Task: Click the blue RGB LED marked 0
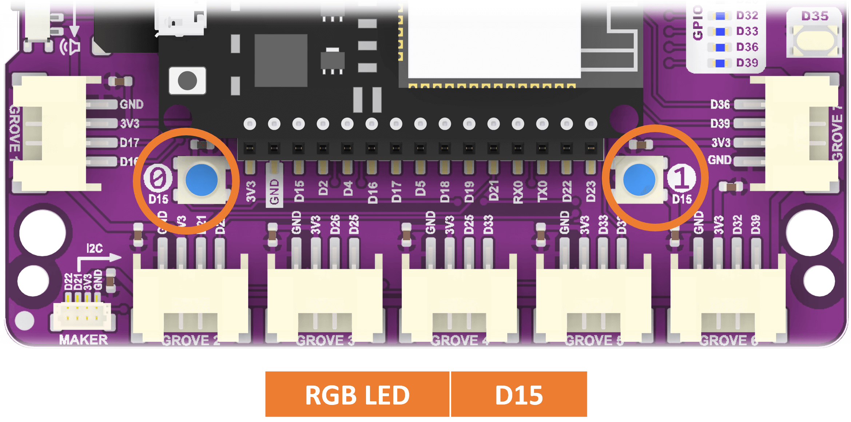click(201, 180)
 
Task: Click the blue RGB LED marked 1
click(639, 180)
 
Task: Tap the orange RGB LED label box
click(357, 394)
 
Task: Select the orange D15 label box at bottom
click(519, 394)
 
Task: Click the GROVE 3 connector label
click(325, 341)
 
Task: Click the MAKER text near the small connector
click(83, 340)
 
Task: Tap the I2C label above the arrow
click(94, 248)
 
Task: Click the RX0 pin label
click(517, 192)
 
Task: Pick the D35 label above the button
click(815, 16)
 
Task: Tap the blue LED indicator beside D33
click(720, 32)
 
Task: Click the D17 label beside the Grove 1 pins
click(130, 143)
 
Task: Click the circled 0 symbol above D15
click(158, 178)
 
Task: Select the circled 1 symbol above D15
click(681, 178)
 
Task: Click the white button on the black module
click(187, 80)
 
